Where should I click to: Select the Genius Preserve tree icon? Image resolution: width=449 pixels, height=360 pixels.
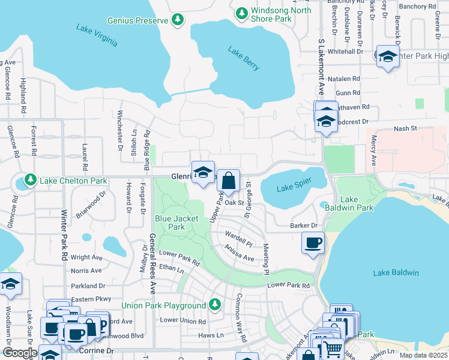[178, 20]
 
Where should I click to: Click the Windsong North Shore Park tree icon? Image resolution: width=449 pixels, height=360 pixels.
[241, 13]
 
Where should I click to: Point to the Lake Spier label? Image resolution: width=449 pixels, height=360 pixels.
[294, 188]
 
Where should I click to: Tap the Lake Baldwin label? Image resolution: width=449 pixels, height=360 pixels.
[396, 273]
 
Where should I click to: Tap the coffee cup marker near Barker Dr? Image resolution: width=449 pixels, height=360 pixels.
[313, 243]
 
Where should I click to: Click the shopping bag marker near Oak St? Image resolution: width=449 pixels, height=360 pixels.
[228, 180]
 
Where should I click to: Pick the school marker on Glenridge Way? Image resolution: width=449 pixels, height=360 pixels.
[203, 172]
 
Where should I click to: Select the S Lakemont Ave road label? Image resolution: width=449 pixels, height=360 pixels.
[321, 68]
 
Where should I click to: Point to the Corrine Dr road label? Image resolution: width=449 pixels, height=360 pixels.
[109, 350]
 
